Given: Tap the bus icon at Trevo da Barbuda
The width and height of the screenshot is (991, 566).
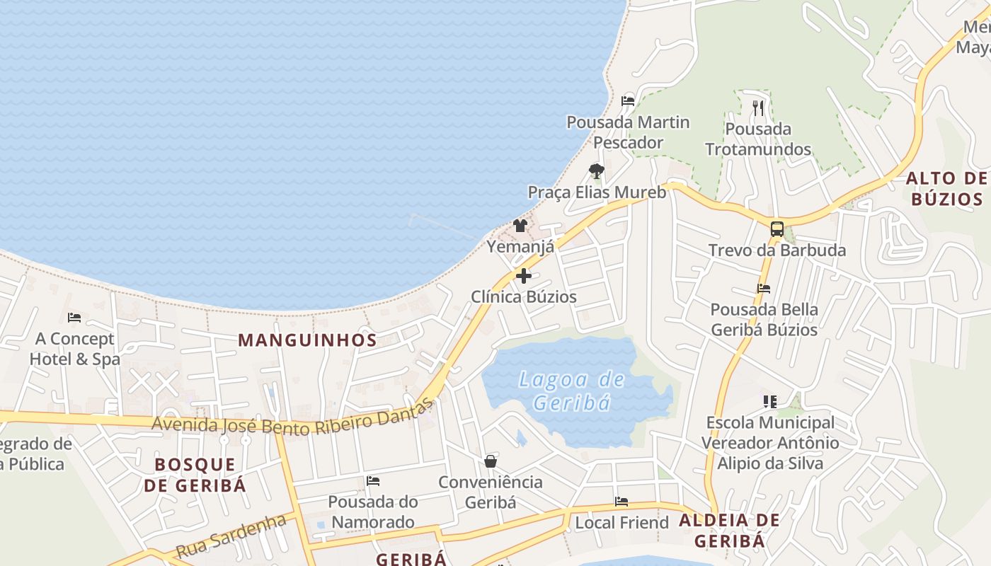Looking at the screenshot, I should pyautogui.click(x=777, y=229).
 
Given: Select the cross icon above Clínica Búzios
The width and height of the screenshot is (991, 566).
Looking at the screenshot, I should pyautogui.click(x=524, y=276).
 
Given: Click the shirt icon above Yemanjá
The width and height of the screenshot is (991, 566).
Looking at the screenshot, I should pyautogui.click(x=520, y=226).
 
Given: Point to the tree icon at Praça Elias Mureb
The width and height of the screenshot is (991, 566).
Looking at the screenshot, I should pyautogui.click(x=597, y=171).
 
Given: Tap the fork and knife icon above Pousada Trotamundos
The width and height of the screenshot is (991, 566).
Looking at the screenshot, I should pyautogui.click(x=758, y=108).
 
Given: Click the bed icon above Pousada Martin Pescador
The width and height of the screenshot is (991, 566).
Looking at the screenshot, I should pyautogui.click(x=627, y=101).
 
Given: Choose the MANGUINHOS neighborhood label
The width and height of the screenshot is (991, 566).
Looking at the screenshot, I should pyautogui.click(x=307, y=340).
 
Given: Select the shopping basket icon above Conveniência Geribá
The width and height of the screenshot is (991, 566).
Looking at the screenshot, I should pyautogui.click(x=491, y=462).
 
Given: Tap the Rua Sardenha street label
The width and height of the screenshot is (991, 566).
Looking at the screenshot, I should pyautogui.click(x=231, y=536).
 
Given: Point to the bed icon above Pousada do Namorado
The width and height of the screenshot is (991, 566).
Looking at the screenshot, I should pyautogui.click(x=373, y=481).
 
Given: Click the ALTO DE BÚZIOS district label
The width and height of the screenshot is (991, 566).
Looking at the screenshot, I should pyautogui.click(x=946, y=188).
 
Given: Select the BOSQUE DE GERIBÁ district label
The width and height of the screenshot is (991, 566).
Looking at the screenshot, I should pyautogui.click(x=195, y=475).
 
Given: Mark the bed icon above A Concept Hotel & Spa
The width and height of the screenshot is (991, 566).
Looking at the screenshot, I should pyautogui.click(x=74, y=318).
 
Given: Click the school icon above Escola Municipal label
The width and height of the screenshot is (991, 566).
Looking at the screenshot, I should pyautogui.click(x=770, y=402).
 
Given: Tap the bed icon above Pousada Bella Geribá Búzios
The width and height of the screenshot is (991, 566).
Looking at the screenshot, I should pyautogui.click(x=764, y=289).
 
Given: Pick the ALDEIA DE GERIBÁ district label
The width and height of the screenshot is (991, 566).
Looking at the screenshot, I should pyautogui.click(x=729, y=531).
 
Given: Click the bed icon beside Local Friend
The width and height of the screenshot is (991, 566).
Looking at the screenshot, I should pyautogui.click(x=621, y=502).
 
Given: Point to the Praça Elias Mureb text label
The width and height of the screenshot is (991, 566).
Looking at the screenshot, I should pyautogui.click(x=597, y=192).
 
